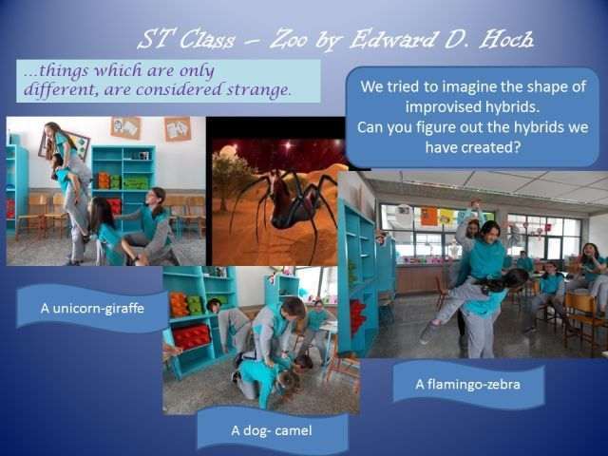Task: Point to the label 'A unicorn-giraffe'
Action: (x=92, y=308)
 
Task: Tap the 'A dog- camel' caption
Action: (x=272, y=430)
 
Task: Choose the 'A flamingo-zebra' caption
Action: (x=467, y=384)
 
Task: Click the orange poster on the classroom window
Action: (x=428, y=216)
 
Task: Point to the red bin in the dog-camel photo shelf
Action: (x=192, y=336)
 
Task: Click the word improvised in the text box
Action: (x=438, y=106)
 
